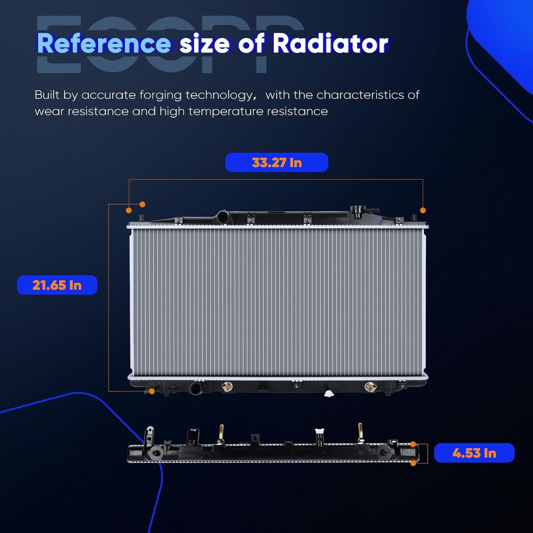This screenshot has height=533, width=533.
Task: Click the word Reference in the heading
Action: coord(104,44)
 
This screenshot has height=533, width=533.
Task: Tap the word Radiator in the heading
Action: coord(330,44)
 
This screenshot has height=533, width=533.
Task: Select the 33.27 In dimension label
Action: coord(277,162)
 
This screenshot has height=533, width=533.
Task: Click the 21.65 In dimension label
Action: coord(57,285)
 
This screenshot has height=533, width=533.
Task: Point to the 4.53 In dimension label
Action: coord(474,453)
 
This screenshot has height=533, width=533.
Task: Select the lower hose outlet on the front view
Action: coord(197,388)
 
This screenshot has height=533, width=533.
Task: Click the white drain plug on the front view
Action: coord(329,393)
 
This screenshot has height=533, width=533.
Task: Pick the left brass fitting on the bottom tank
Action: coord(227,387)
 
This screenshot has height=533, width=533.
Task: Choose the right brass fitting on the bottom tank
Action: coord(370,387)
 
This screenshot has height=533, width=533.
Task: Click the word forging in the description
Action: coord(161,96)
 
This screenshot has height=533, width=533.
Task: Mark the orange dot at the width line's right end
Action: coord(423,211)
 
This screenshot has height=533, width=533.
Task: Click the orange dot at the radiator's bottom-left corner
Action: coord(152,391)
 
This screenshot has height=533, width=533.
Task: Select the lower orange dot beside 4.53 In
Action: coord(413,463)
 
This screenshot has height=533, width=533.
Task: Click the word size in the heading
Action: coord(204,44)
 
